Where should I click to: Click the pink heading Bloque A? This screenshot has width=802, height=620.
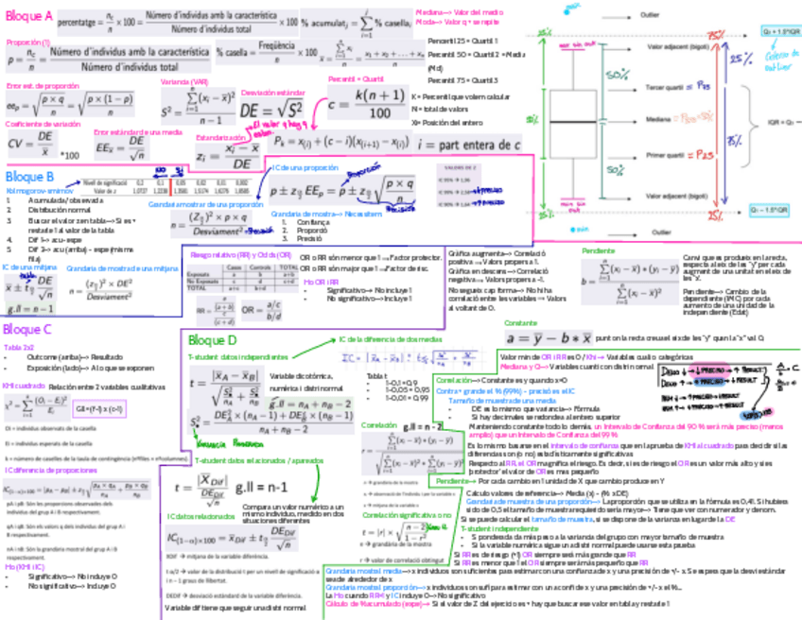click(28, 16)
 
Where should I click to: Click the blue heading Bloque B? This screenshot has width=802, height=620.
click(28, 176)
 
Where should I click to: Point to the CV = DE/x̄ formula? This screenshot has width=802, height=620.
click(31, 144)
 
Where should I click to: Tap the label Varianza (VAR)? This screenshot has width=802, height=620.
click(184, 82)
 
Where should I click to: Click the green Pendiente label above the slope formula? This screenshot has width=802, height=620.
click(598, 250)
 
